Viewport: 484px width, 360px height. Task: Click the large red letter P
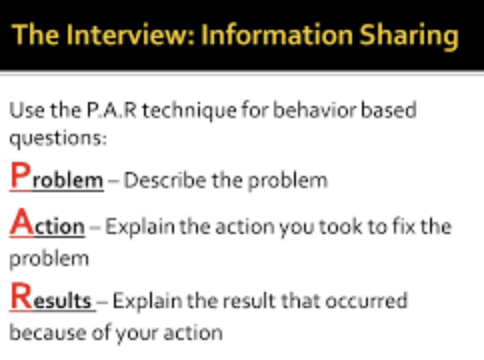tap(20, 174)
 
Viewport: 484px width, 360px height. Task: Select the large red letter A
tap(22, 221)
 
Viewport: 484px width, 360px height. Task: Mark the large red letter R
tap(21, 296)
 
